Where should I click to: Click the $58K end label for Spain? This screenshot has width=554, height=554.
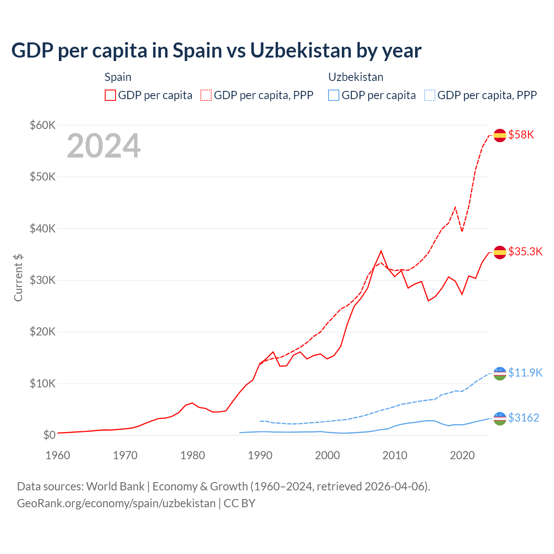coord(521,135)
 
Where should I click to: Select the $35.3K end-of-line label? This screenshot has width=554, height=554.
coord(525,251)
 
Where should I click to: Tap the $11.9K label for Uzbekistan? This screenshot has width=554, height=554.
coord(525,373)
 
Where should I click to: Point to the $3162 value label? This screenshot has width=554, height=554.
coord(523,418)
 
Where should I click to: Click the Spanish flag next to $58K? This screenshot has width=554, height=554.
coord(500,135)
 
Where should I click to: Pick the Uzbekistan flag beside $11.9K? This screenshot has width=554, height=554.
coord(500,373)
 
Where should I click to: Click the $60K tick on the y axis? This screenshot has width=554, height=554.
coord(42,125)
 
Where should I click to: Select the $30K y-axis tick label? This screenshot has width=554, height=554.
coord(42,280)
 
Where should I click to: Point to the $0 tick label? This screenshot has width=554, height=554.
coord(49,435)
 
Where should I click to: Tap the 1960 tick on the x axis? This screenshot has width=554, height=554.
coord(58,455)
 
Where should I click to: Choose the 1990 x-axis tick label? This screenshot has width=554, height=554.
coord(260,455)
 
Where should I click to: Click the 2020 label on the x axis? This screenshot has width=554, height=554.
coord(462,455)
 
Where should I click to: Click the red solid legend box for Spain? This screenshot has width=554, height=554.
coord(110,95)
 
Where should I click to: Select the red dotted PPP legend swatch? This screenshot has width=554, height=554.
coord(206,95)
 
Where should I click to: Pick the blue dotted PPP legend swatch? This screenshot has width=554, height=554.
coord(430,95)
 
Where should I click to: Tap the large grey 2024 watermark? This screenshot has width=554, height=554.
coord(103,146)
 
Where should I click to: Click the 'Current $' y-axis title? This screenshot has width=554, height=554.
coord(18,277)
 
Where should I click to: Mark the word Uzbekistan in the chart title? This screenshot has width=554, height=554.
coord(301,50)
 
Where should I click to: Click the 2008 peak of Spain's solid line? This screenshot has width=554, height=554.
coord(381,251)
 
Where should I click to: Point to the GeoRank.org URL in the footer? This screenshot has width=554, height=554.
coord(116,503)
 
